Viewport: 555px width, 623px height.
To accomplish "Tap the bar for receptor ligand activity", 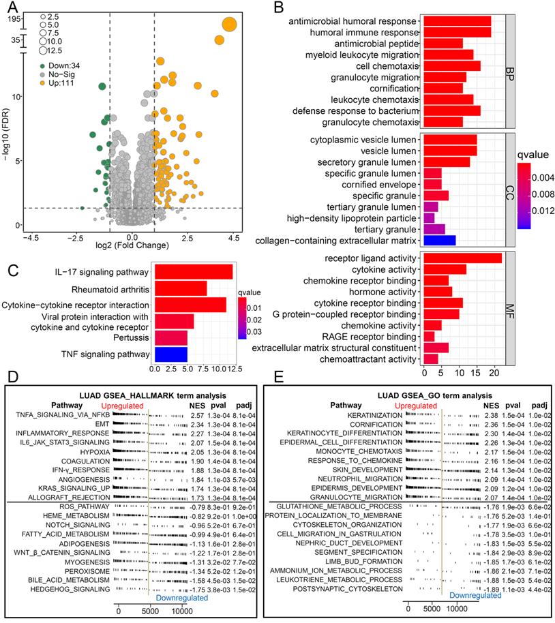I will pos(462,258).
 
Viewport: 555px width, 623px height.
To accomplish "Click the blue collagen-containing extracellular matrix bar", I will pos(438,240).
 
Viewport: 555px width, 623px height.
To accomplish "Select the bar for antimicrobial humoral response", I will pos(456,21).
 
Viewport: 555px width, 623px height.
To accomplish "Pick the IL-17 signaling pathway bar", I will pos(193,272).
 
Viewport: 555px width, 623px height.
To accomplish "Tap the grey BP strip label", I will pos(511,71).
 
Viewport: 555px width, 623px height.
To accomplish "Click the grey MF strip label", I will pos(511,308).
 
